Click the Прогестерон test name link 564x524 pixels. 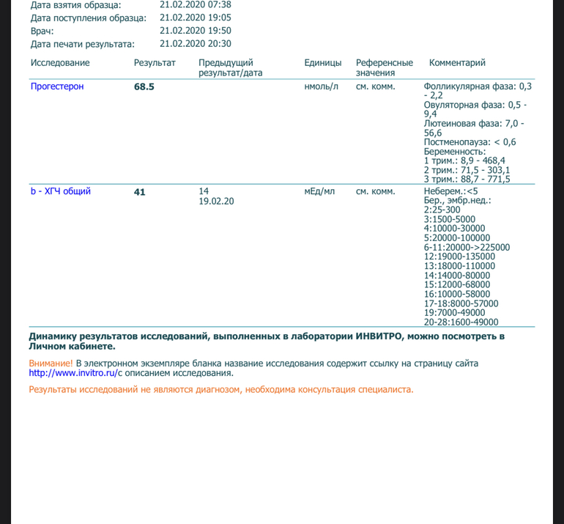(x=57, y=86)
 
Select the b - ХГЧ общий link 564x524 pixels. (x=60, y=192)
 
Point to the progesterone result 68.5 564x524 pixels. (x=144, y=86)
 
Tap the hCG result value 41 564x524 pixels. (x=140, y=192)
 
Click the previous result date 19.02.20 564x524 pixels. (x=216, y=202)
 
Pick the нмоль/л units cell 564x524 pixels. (x=321, y=86)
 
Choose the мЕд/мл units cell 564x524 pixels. (x=319, y=192)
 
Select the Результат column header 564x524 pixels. (x=155, y=63)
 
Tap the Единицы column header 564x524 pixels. (x=323, y=63)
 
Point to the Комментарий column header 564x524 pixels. (x=457, y=63)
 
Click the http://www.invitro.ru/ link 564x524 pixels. (x=73, y=373)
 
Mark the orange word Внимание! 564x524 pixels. (x=51, y=363)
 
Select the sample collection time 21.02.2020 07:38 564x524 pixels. (x=195, y=4)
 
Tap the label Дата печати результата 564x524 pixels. (x=83, y=43)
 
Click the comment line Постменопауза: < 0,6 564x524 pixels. (x=470, y=142)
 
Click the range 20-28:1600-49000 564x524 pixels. (x=461, y=322)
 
